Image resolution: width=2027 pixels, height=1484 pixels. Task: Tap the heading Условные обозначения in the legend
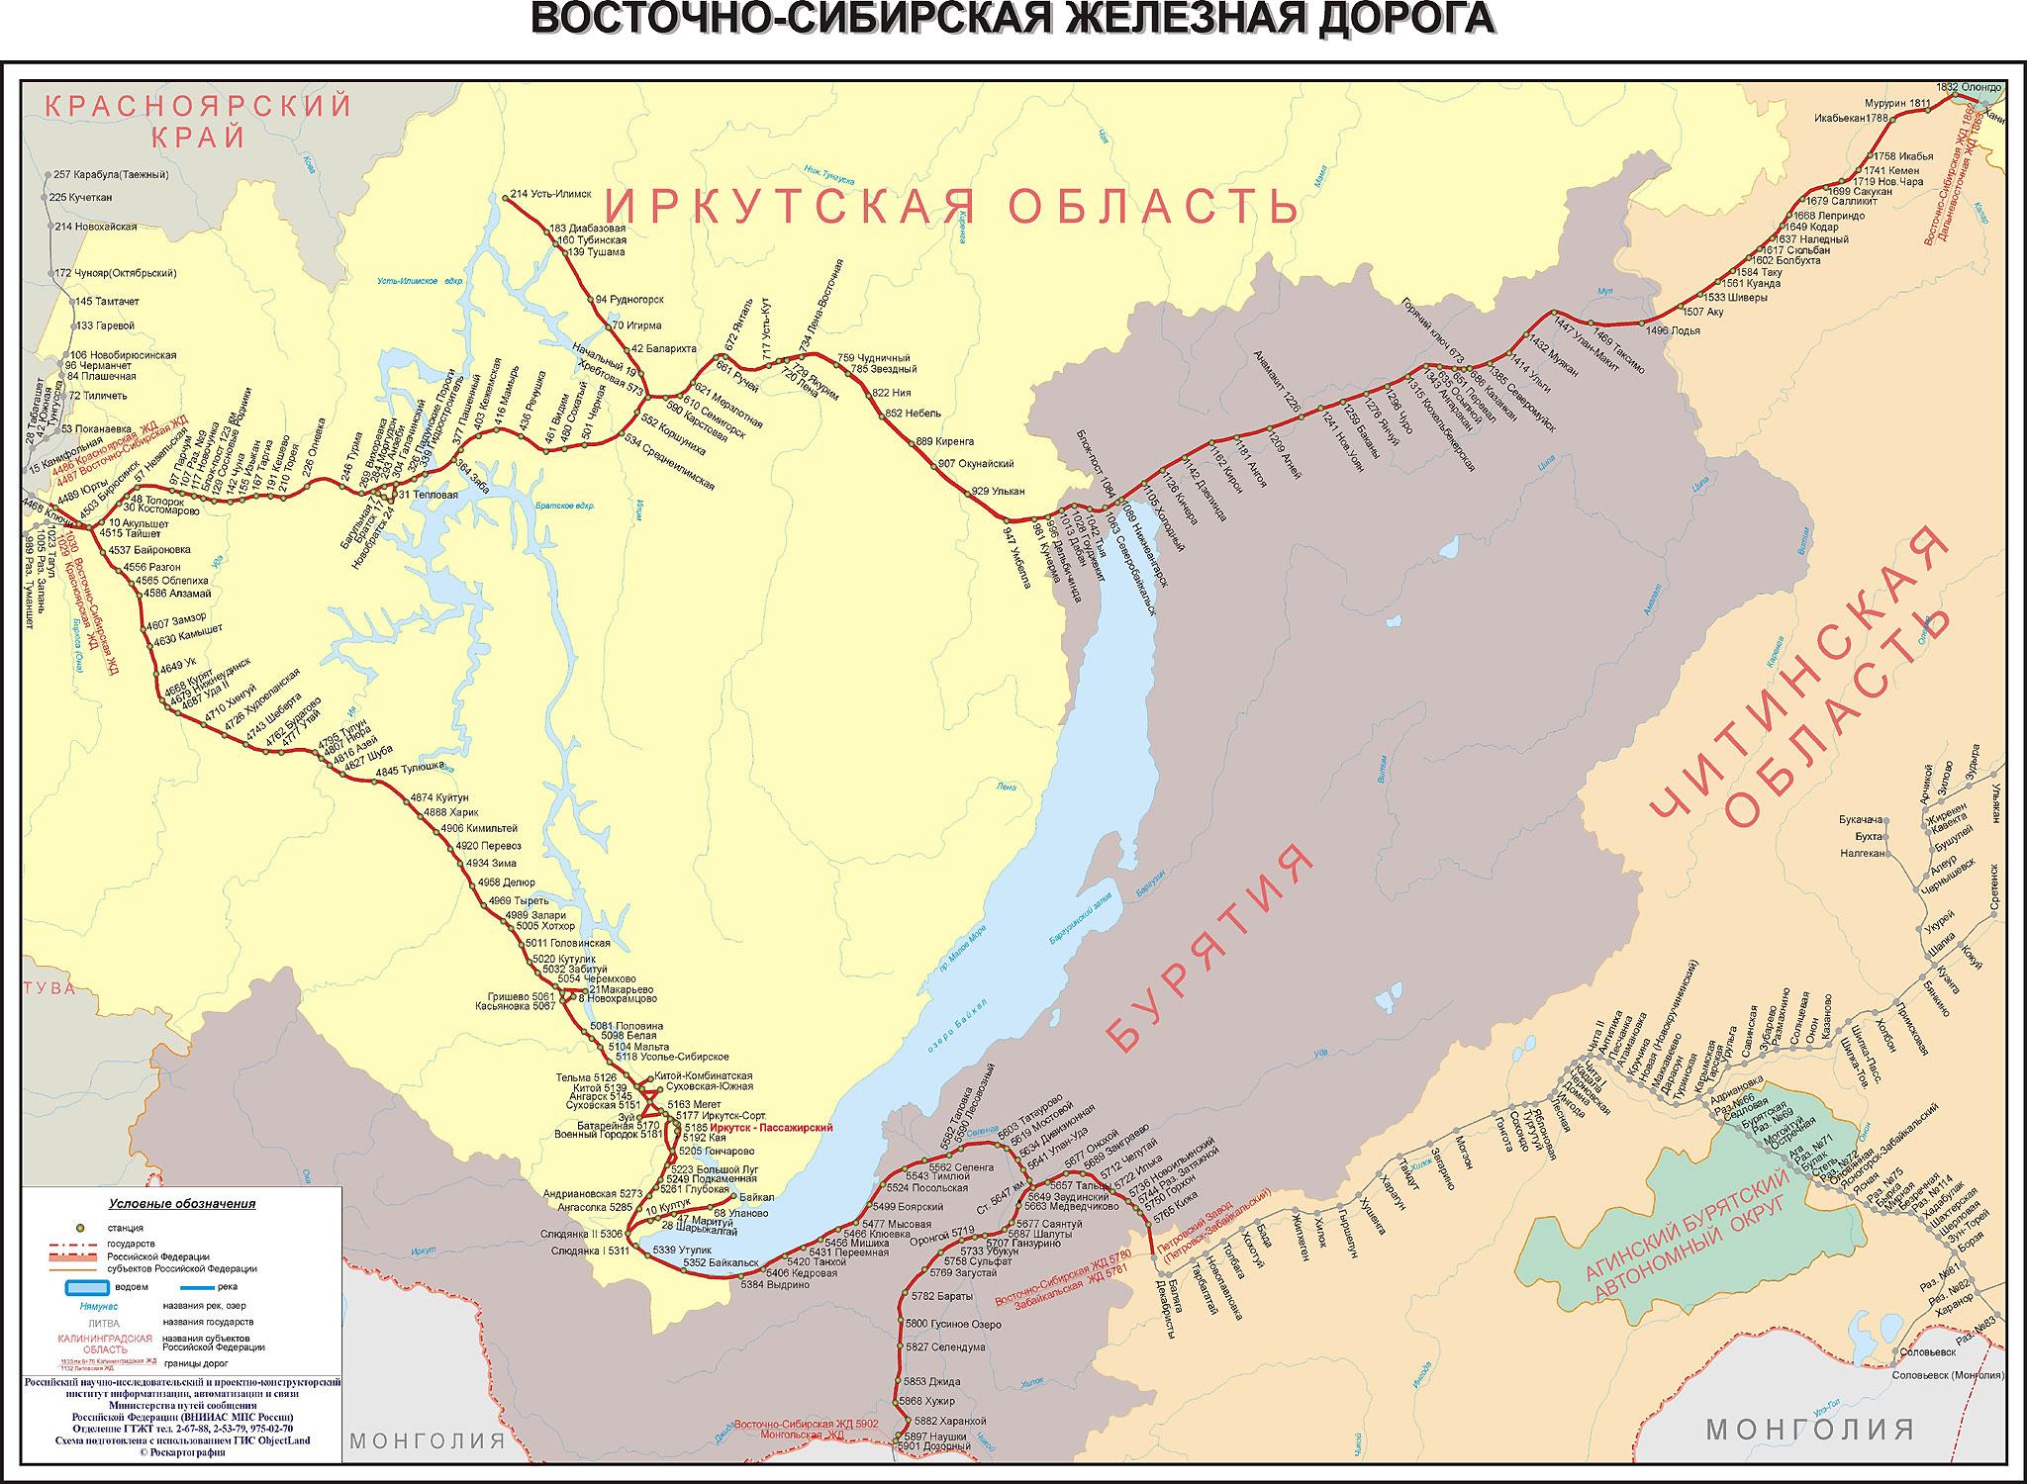pos(182,1204)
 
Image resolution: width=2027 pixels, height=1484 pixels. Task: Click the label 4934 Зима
pos(487,863)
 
